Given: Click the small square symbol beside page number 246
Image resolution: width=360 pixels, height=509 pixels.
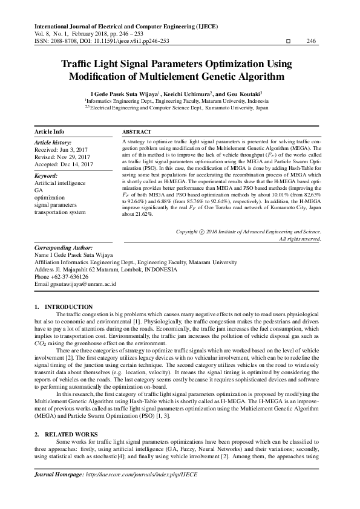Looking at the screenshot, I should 287,41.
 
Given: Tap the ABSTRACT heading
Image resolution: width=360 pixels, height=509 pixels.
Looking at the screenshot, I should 137,131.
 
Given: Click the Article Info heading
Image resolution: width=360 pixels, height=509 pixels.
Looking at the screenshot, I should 50,131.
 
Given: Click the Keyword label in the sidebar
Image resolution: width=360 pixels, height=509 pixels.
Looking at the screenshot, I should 47,175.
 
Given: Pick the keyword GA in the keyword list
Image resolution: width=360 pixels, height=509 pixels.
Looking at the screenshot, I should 39,190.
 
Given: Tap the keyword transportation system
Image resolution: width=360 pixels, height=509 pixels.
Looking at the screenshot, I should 60,212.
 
